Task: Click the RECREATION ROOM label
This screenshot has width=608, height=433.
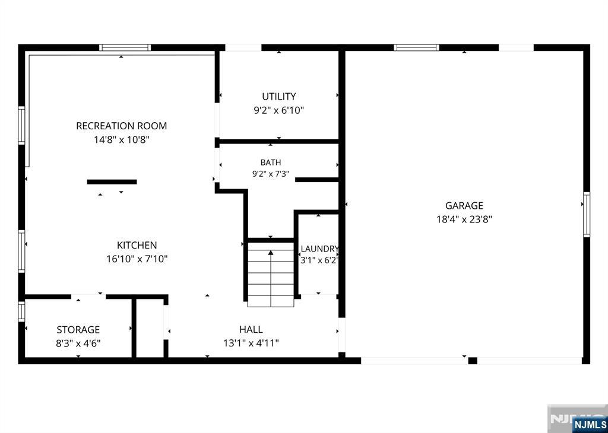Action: pyautogui.click(x=121, y=126)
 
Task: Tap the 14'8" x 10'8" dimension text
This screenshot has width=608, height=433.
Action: pyautogui.click(x=121, y=139)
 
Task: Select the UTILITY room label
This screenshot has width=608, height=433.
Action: pyautogui.click(x=279, y=97)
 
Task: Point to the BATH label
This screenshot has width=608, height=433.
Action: pyautogui.click(x=271, y=163)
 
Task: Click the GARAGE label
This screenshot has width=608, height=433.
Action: pyautogui.click(x=464, y=206)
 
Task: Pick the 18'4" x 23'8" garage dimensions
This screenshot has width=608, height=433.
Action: pyautogui.click(x=464, y=219)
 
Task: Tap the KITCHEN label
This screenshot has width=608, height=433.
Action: pyautogui.click(x=137, y=245)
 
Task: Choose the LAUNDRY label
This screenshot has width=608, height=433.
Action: pyautogui.click(x=319, y=249)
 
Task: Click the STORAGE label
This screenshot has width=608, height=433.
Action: pyautogui.click(x=78, y=330)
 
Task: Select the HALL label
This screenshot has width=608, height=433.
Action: pyautogui.click(x=251, y=329)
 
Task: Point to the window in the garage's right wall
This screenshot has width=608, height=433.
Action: pyautogui.click(x=587, y=215)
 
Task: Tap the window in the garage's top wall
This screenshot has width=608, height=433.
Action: pyautogui.click(x=416, y=47)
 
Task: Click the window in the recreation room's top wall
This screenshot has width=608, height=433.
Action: pyautogui.click(x=125, y=47)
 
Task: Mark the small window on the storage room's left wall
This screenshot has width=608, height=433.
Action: pyautogui.click(x=22, y=311)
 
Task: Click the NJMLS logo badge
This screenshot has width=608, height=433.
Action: pyautogui.click(x=588, y=424)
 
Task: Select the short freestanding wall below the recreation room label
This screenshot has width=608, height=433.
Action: pyautogui.click(x=112, y=182)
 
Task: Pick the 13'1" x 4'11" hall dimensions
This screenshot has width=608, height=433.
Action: pyautogui.click(x=251, y=343)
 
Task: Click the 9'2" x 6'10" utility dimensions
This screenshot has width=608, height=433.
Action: pyautogui.click(x=279, y=110)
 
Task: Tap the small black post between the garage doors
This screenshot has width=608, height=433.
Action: pyautogui.click(x=473, y=361)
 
